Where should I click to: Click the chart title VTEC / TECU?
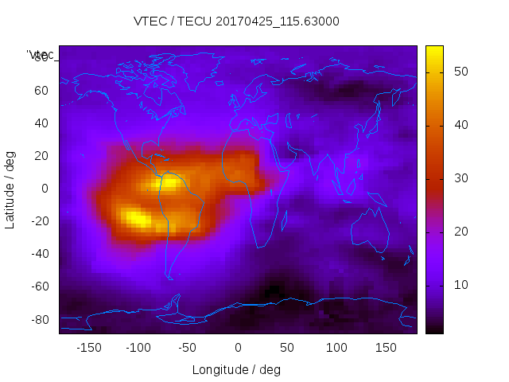pos(236,21)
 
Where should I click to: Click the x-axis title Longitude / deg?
pos(236,369)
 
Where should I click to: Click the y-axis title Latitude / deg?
pos(10,189)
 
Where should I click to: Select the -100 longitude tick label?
pos(138,348)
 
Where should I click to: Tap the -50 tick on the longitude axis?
pos(188,348)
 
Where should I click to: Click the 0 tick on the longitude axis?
pos(238,348)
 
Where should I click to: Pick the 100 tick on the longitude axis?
pos(337,348)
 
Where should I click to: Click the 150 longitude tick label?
pos(387,348)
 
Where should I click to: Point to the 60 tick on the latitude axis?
pos(41,90)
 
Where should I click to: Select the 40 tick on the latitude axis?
pos(41,123)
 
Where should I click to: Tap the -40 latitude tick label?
pos(39,254)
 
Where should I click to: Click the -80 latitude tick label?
pos(39,319)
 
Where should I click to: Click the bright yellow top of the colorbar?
pos(434,49)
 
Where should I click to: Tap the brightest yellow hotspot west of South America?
pos(135,216)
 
